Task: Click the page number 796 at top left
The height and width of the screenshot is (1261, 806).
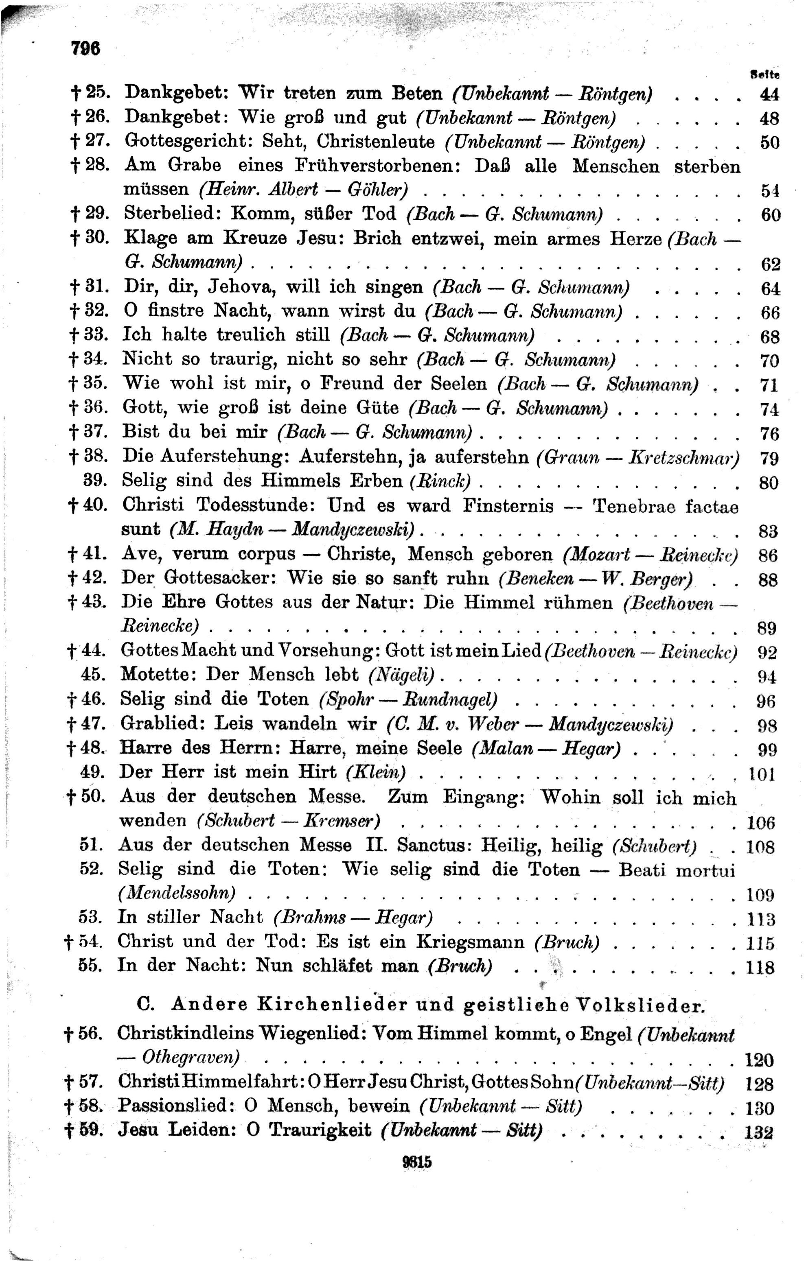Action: pyautogui.click(x=85, y=49)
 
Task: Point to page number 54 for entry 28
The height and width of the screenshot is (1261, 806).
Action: pyautogui.click(x=769, y=191)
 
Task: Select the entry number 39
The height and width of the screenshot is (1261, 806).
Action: pyautogui.click(x=96, y=480)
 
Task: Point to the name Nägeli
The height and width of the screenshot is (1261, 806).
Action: pyautogui.click(x=402, y=675)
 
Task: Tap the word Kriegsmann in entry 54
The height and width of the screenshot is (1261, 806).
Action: pyautogui.click(x=470, y=942)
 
